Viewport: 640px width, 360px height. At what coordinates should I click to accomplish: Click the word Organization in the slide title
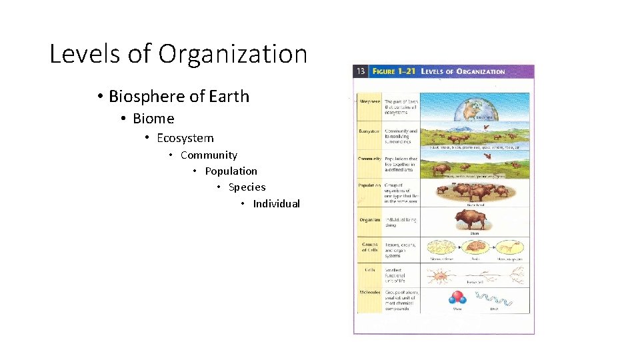point(233,54)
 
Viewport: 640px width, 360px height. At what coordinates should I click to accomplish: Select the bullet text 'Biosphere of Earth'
point(179,96)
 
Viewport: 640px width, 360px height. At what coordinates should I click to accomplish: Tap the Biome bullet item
point(153,119)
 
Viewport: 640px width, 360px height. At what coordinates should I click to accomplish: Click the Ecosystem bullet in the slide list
point(185,138)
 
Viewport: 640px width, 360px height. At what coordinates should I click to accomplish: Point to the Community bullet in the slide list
point(209,155)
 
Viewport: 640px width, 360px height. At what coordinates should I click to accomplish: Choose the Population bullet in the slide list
point(231,171)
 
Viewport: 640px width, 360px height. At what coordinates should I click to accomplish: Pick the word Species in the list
point(247,187)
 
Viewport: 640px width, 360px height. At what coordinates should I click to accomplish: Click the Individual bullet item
point(276,204)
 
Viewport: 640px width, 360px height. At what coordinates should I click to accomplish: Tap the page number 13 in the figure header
point(360,71)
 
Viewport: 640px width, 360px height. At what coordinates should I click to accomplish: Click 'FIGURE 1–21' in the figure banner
point(394,71)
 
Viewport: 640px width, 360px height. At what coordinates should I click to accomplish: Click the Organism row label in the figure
point(369,219)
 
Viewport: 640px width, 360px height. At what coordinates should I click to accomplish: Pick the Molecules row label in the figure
point(369,292)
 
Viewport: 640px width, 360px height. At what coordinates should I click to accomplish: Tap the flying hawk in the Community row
point(488,158)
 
